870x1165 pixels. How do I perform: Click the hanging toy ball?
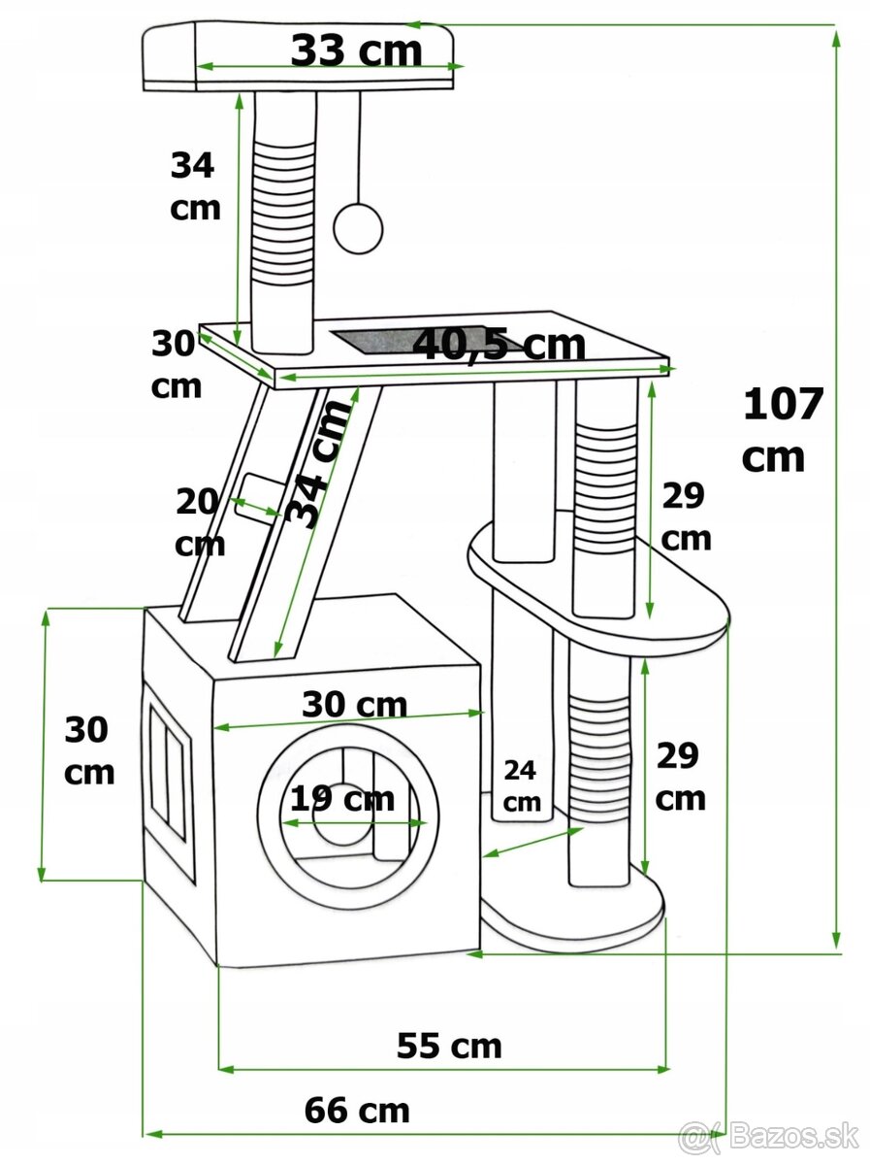(358, 228)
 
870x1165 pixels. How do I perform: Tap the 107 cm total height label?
(782, 429)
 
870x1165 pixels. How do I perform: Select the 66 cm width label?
(357, 1110)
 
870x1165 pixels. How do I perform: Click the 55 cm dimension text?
(449, 1046)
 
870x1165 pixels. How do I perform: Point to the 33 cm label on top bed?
(356, 50)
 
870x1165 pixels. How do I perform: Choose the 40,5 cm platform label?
(499, 344)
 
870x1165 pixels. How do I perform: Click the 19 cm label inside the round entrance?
(342, 799)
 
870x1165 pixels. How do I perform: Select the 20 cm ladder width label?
(199, 523)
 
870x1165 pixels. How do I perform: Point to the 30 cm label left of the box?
(88, 750)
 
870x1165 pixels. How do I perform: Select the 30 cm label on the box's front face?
(354, 704)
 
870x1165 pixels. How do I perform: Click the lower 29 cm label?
(680, 776)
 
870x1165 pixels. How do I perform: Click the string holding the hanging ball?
(360, 146)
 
